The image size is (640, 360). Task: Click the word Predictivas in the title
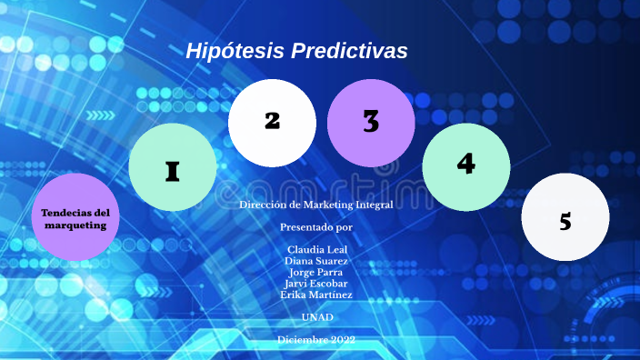click(349, 51)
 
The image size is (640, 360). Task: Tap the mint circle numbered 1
click(173, 167)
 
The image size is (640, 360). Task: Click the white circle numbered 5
click(565, 217)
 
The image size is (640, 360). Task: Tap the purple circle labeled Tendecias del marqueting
click(75, 217)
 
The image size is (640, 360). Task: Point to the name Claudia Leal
click(316, 249)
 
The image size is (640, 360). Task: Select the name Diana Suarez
click(316, 261)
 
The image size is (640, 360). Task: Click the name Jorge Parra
click(316, 272)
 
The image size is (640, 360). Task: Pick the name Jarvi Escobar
click(316, 283)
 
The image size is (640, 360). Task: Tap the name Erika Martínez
click(316, 295)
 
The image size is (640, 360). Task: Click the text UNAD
click(316, 316)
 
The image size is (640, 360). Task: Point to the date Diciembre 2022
click(316, 340)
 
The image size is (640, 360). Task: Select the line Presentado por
click(316, 226)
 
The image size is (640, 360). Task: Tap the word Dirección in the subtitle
click(260, 205)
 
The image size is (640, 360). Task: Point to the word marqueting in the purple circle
click(75, 225)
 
